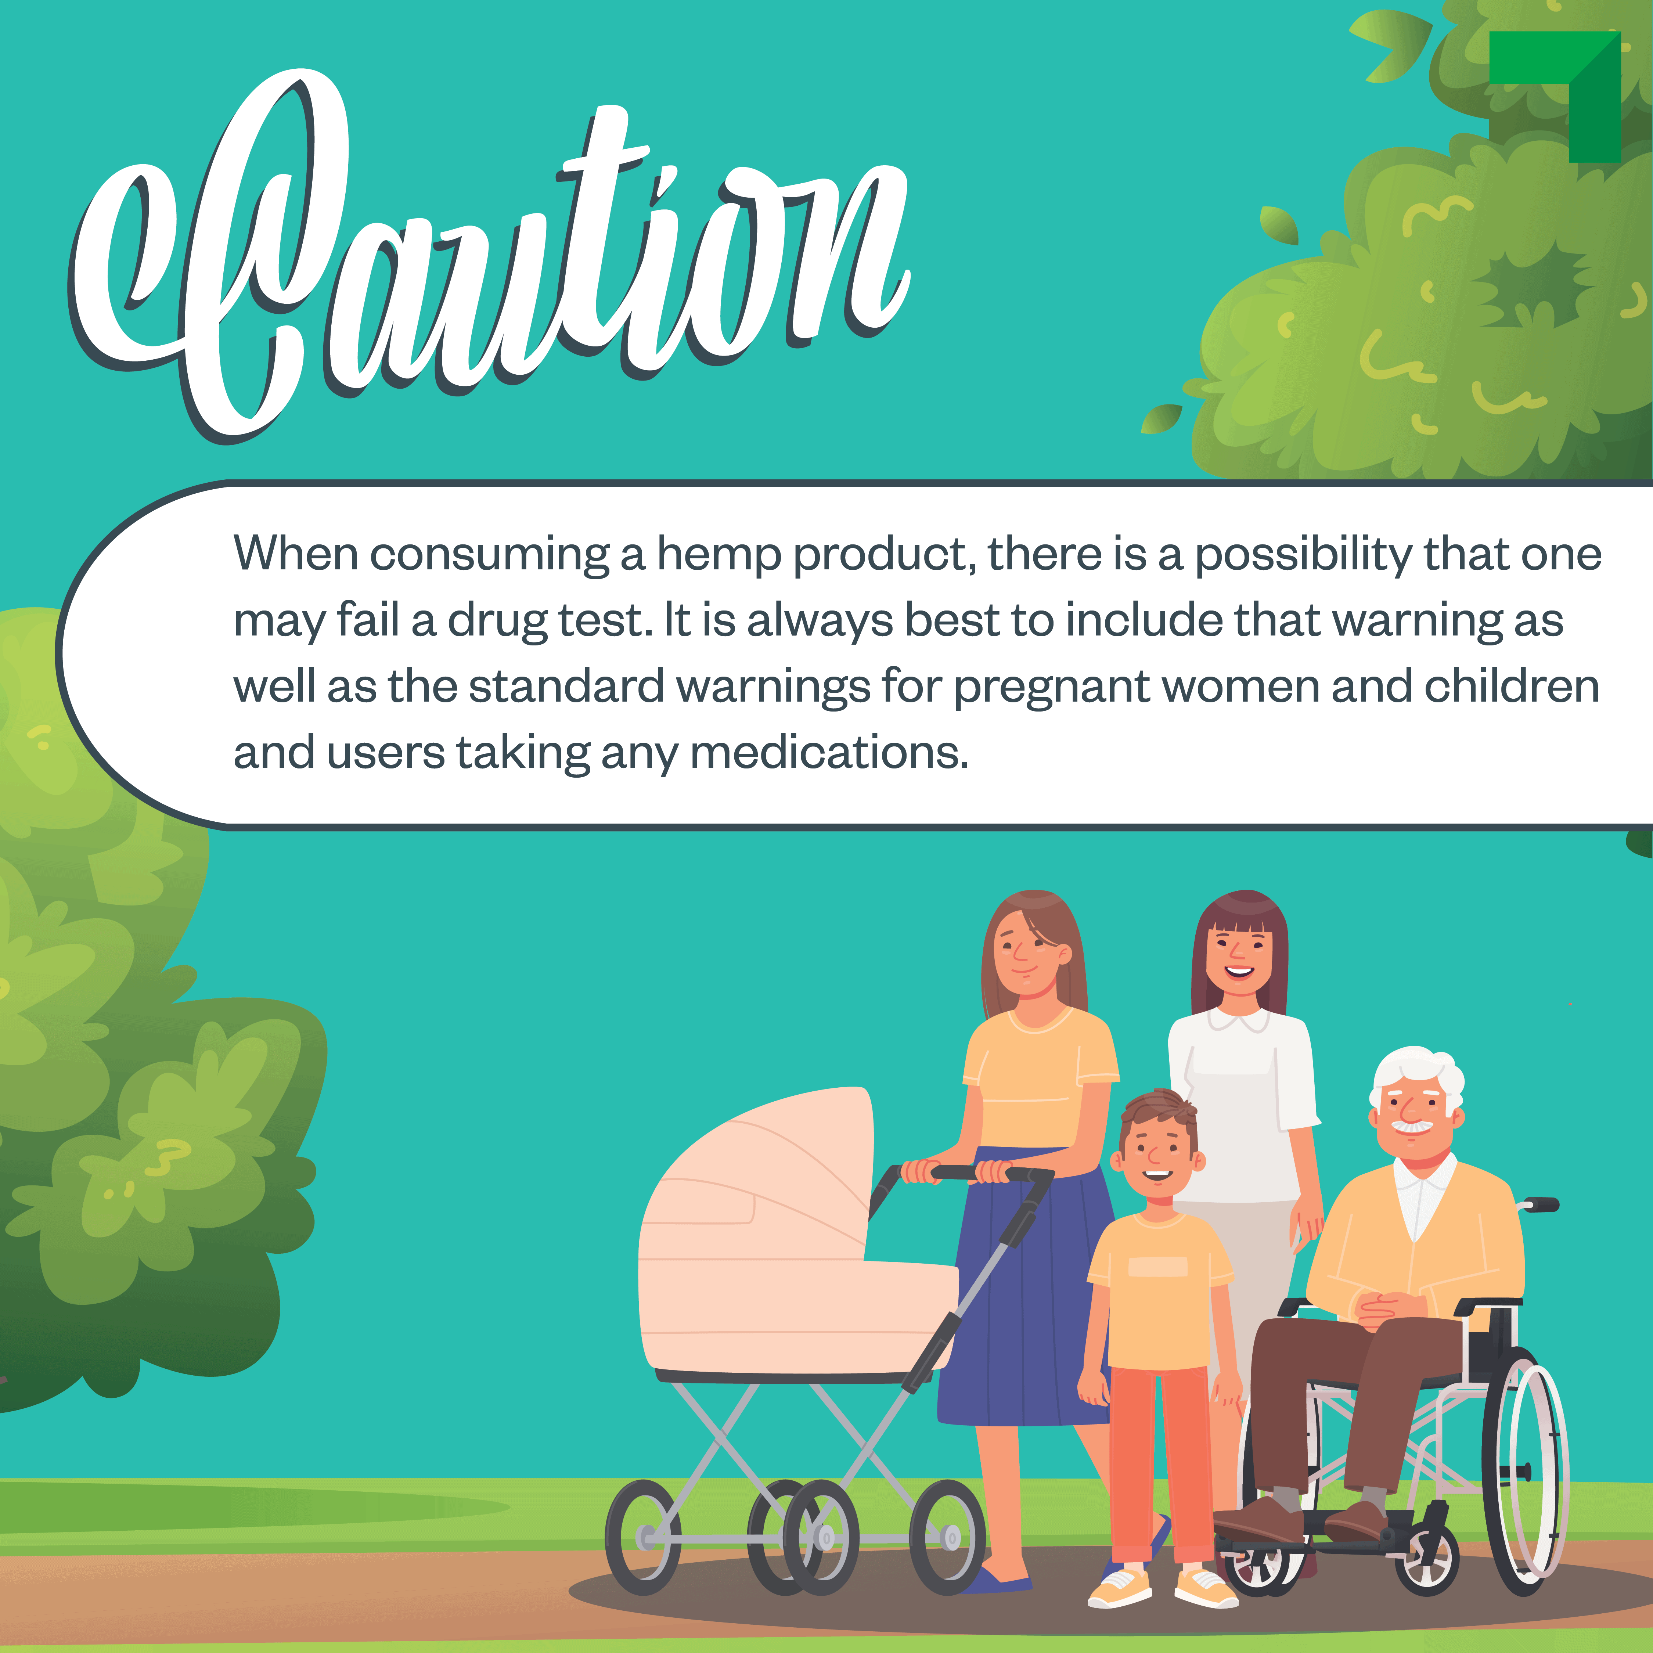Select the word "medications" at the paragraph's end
[829, 753]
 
